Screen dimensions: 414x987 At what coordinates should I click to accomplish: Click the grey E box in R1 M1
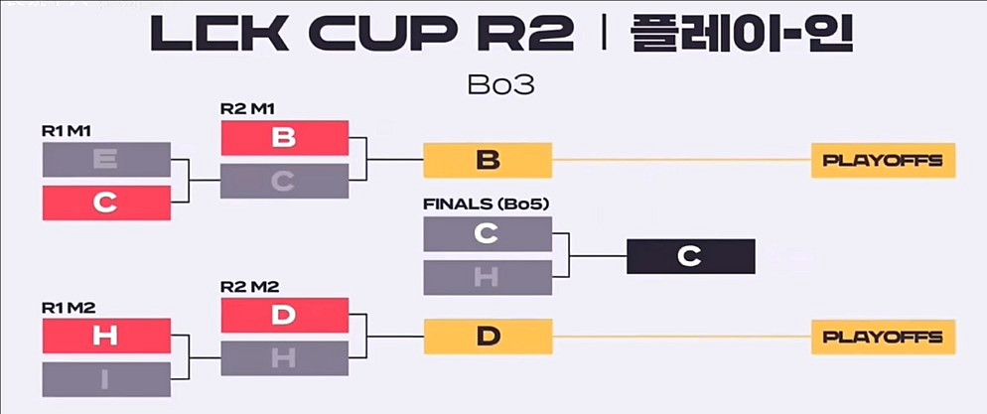(x=106, y=159)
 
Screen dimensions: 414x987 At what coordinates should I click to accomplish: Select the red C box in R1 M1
(x=106, y=203)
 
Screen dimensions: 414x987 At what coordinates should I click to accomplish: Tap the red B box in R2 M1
(x=284, y=138)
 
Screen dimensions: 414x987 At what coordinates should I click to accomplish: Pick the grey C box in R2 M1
(x=284, y=181)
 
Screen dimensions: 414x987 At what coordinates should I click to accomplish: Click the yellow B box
(x=487, y=160)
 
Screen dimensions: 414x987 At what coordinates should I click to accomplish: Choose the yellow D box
(x=487, y=336)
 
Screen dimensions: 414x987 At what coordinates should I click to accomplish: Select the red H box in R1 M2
(x=106, y=336)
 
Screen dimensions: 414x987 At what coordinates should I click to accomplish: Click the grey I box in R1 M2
(x=106, y=378)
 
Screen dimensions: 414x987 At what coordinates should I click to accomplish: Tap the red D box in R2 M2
(x=284, y=315)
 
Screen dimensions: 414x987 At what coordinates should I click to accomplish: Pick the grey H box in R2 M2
(x=284, y=358)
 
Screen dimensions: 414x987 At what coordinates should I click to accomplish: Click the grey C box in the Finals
(x=487, y=233)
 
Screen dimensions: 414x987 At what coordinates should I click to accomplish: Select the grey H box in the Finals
(x=487, y=277)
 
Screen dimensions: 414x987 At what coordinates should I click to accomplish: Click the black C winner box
(x=690, y=256)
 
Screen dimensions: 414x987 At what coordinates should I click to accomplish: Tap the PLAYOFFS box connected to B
(x=883, y=160)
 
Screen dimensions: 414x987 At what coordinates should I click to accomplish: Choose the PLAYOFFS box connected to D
(x=883, y=337)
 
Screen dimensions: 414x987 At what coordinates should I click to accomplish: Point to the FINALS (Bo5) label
(x=487, y=206)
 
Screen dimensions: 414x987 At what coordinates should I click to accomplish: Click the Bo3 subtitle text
(x=500, y=84)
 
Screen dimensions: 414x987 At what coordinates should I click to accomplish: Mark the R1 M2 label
(x=68, y=308)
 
